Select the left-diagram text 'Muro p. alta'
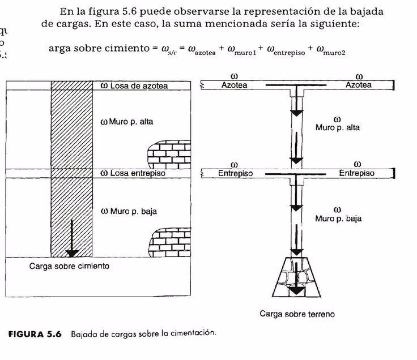pos(130,122)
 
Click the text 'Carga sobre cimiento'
pos(69,265)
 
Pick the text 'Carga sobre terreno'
pos(297,313)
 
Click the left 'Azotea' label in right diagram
pos(234,85)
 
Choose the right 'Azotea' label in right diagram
pos(359,85)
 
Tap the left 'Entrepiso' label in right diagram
pos(235,173)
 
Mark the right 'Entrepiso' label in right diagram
pos(356,173)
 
